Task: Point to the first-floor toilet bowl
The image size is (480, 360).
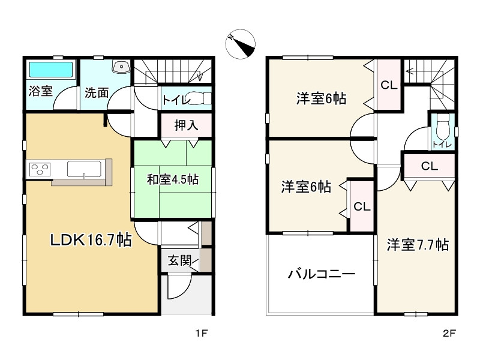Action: click(x=198, y=98)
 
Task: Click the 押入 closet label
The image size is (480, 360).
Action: click(x=186, y=126)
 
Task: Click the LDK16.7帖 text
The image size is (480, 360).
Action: click(x=91, y=241)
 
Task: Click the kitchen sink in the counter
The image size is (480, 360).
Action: click(x=83, y=169)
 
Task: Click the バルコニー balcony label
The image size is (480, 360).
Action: click(x=322, y=275)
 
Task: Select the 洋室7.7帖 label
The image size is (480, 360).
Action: click(x=418, y=245)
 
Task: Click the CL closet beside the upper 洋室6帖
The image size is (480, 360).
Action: click(x=389, y=85)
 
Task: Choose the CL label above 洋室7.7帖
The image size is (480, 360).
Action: click(x=429, y=166)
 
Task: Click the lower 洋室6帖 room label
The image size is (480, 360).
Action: click(x=306, y=187)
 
